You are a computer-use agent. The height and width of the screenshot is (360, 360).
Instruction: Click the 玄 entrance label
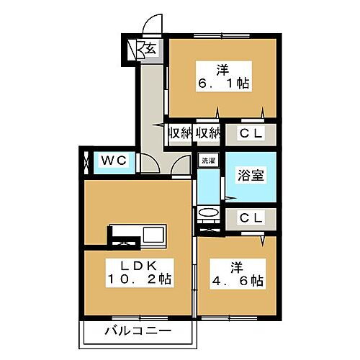152,49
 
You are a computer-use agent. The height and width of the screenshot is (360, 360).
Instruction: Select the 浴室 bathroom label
248,174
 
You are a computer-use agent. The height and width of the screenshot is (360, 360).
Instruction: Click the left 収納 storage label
180,133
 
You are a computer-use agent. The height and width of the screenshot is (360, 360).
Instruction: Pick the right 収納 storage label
207,133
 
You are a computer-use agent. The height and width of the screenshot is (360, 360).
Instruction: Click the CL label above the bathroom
249,133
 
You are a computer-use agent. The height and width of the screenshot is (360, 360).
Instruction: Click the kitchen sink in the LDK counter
154,235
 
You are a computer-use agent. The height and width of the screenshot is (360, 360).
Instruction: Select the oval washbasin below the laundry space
208,213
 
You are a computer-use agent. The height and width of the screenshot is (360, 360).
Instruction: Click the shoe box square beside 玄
133,50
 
